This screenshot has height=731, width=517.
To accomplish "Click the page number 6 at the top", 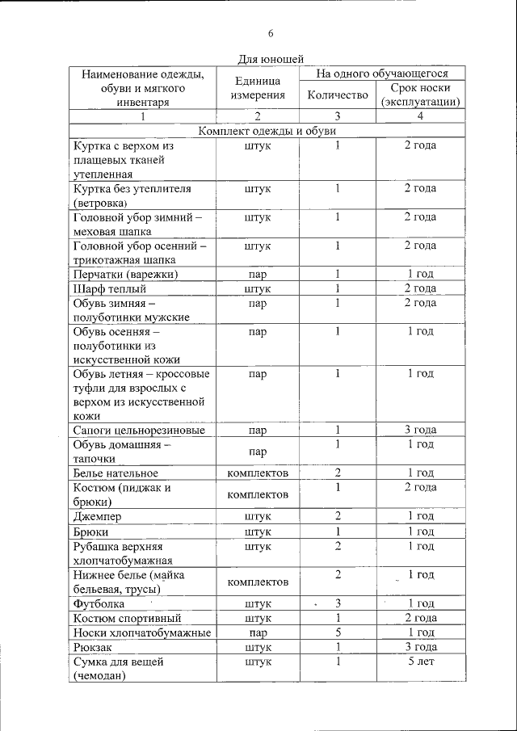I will pyautogui.click(x=271, y=33).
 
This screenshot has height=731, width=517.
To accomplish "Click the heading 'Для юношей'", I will pyautogui.click(x=271, y=59).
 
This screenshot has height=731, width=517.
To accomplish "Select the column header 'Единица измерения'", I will pyautogui.click(x=258, y=88).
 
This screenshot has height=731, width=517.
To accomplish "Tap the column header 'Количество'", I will pyautogui.click(x=338, y=95).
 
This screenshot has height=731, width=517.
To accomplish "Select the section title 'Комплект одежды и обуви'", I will pyautogui.click(x=267, y=131).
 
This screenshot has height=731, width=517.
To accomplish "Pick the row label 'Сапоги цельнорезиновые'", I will pyautogui.click(x=138, y=430).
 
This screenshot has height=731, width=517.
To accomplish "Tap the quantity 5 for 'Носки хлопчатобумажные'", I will pyautogui.click(x=338, y=632).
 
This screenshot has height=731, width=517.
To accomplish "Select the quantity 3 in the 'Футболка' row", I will pyautogui.click(x=338, y=603).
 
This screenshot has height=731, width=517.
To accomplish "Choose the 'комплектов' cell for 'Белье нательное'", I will pyautogui.click(x=258, y=473).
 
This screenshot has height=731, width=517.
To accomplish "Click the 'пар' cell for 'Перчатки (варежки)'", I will pyautogui.click(x=258, y=274).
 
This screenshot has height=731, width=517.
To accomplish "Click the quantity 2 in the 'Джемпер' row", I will pyautogui.click(x=338, y=516).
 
